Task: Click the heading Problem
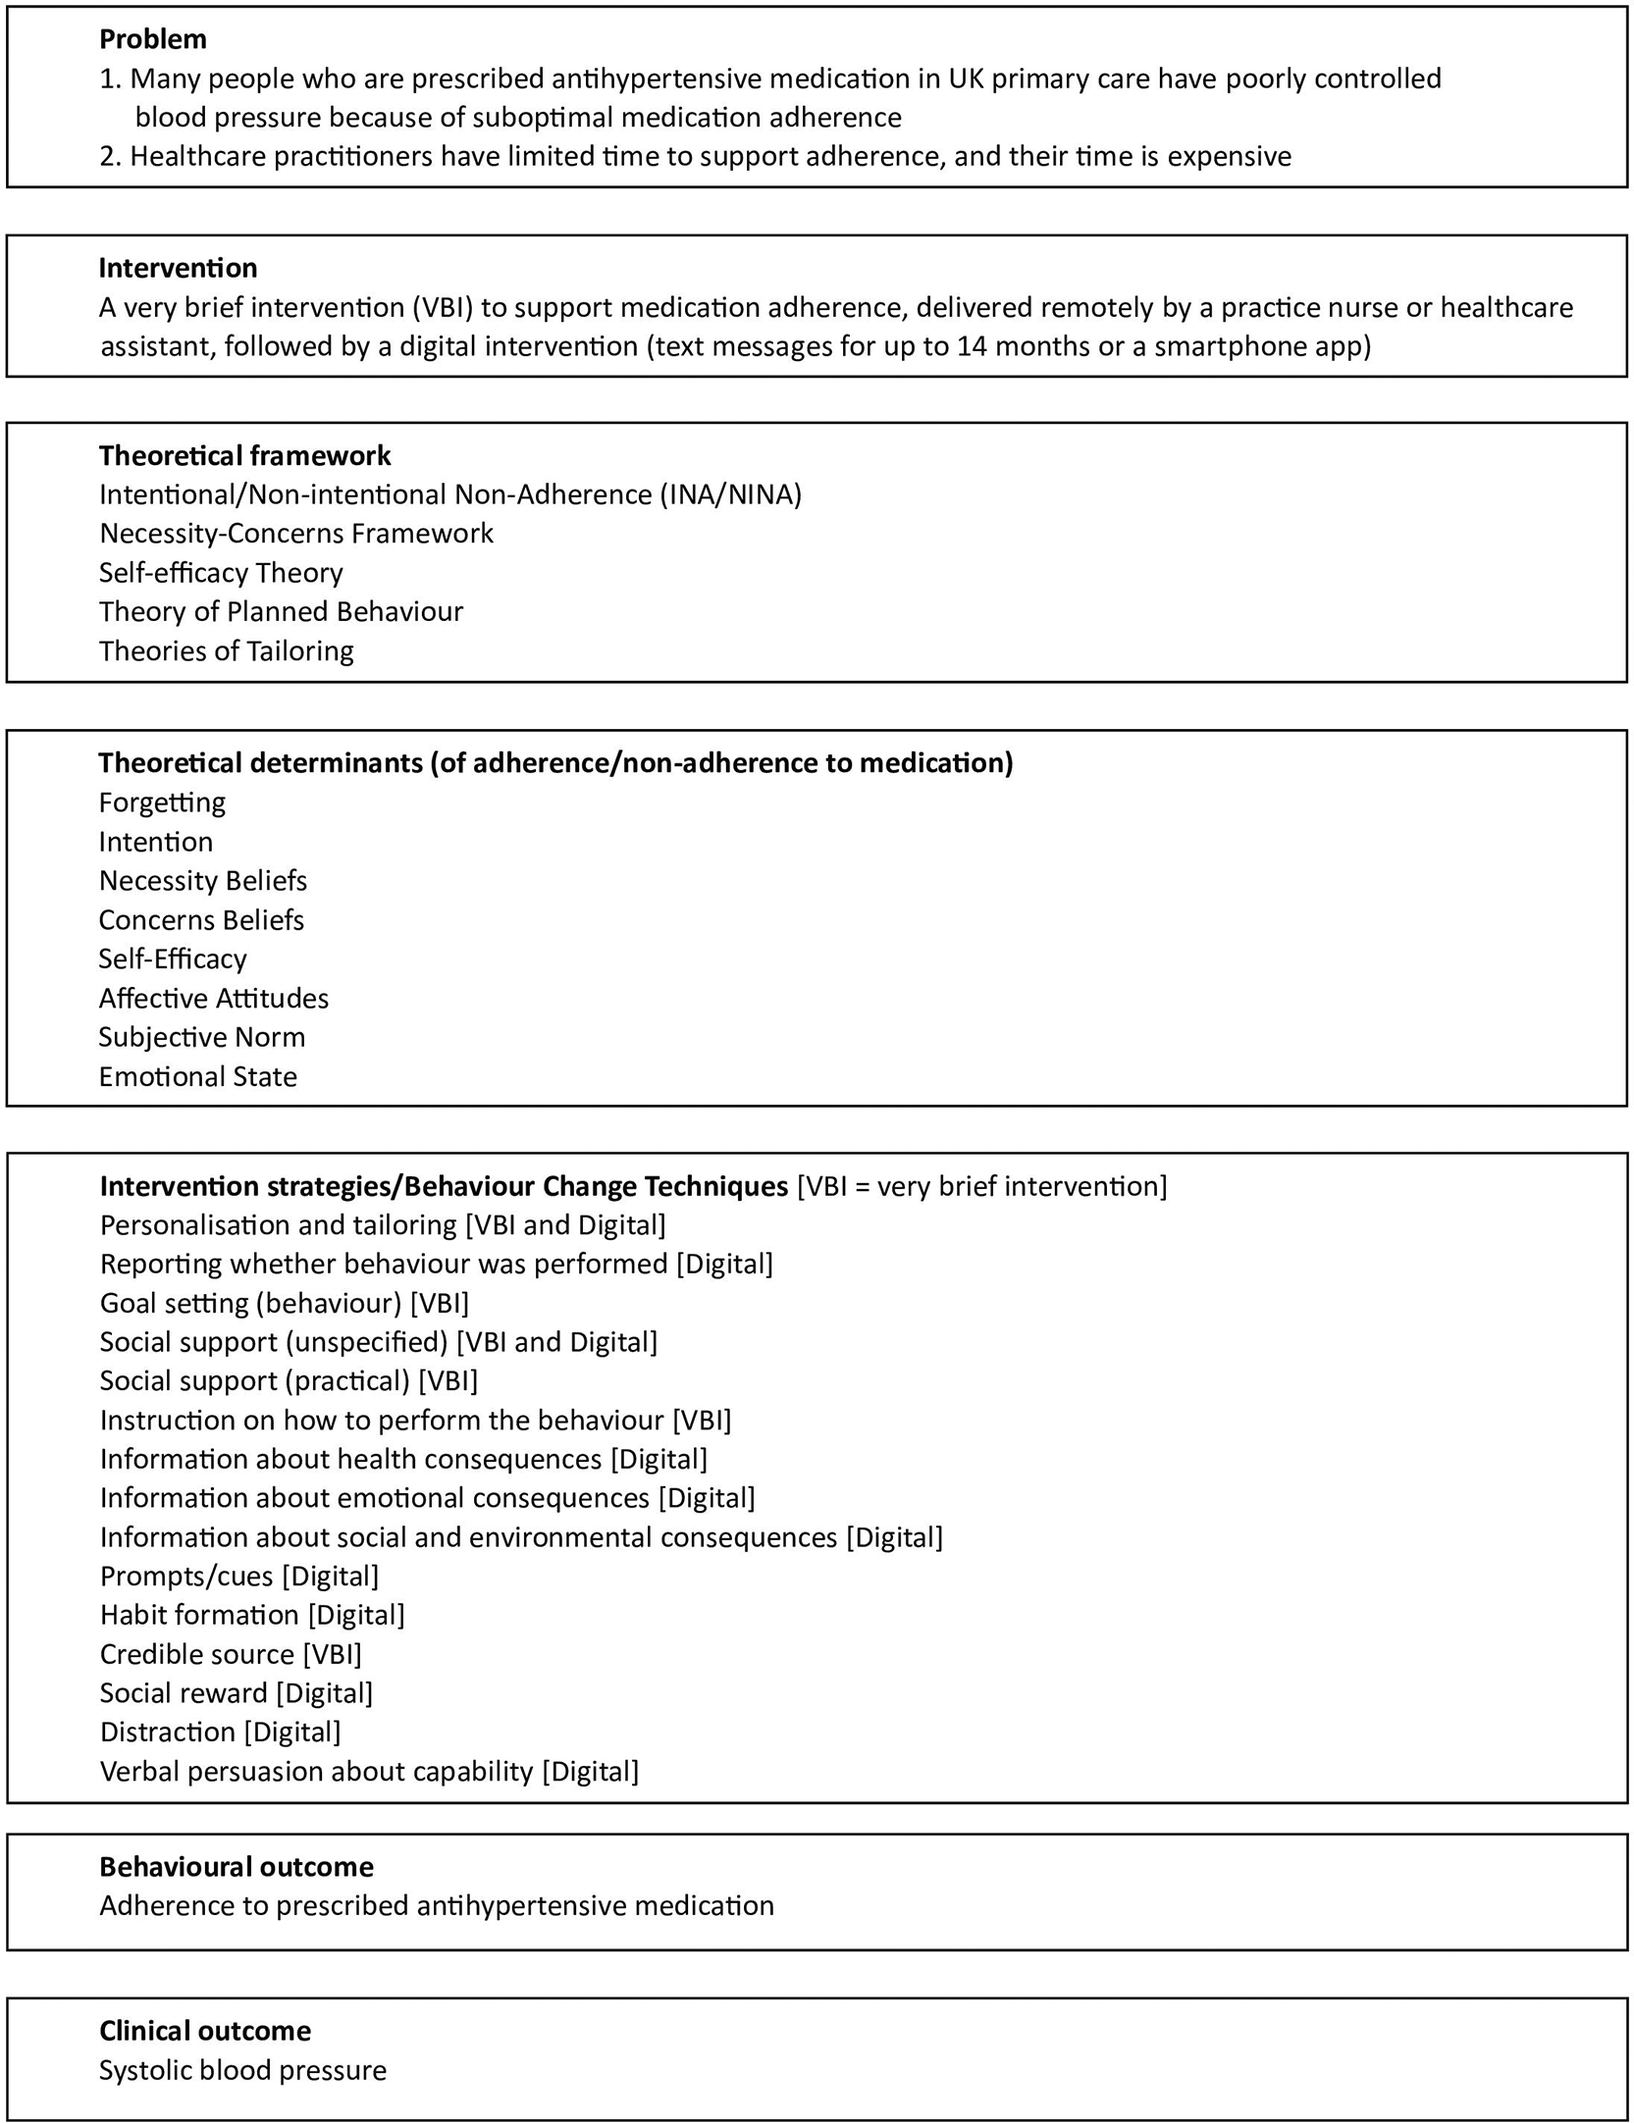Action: pos(153,39)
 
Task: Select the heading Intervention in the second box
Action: pos(178,268)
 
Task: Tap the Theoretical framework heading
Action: pos(244,455)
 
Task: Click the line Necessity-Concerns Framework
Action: pos(295,534)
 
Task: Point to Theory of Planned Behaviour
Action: pos(281,612)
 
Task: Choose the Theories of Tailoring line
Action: pos(226,651)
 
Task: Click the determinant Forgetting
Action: pos(162,803)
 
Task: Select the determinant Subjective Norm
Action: pos(201,1038)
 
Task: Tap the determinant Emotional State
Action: pos(197,1077)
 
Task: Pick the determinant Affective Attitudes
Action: pos(213,999)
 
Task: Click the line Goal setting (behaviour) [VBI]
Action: pos(284,1304)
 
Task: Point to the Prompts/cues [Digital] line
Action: pos(238,1577)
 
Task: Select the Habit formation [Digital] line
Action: pos(251,1616)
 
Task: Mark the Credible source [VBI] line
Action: pos(231,1655)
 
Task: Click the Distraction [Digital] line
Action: pos(220,1733)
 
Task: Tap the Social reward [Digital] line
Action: pos(236,1693)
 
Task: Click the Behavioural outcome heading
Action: pos(236,1867)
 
